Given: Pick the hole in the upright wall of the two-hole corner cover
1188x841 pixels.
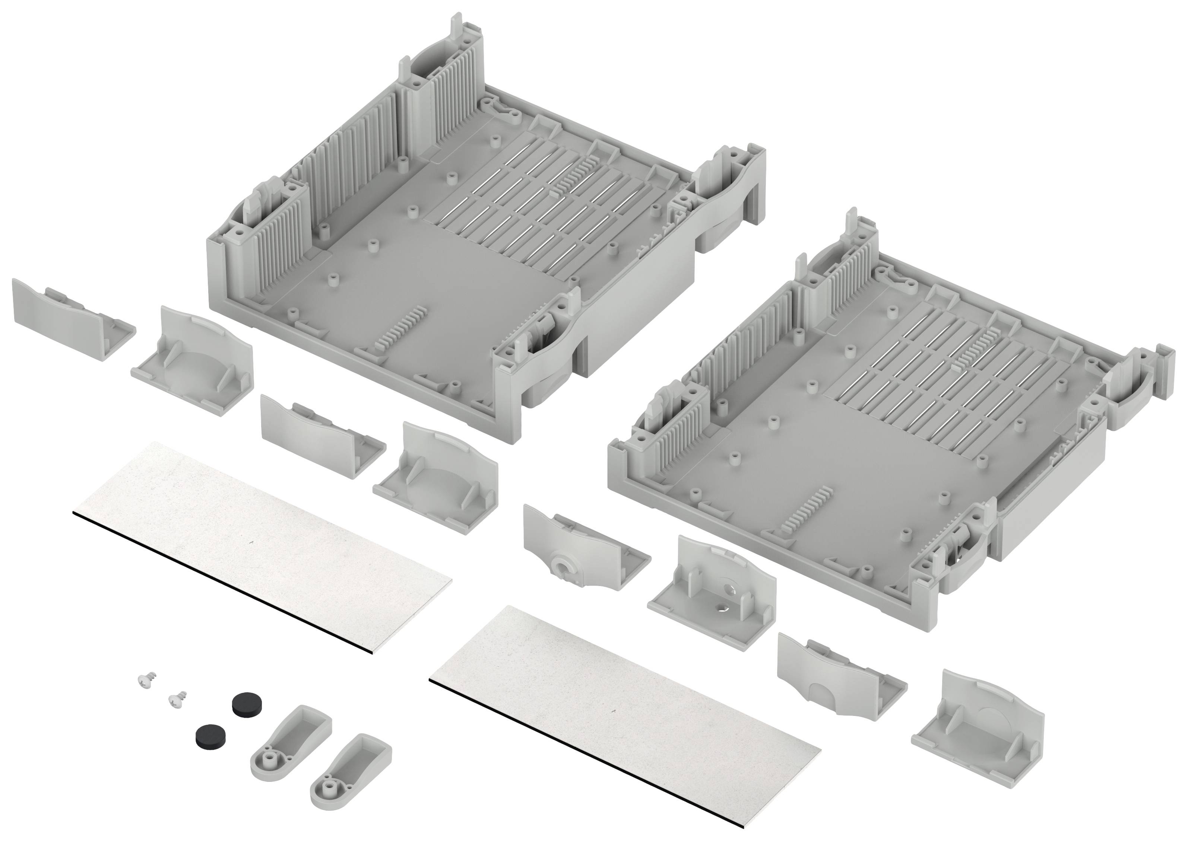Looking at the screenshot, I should pos(731,589).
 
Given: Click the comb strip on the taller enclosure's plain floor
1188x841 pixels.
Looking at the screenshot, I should pos(399,326).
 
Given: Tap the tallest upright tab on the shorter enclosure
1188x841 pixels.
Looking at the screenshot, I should pos(852,228).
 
